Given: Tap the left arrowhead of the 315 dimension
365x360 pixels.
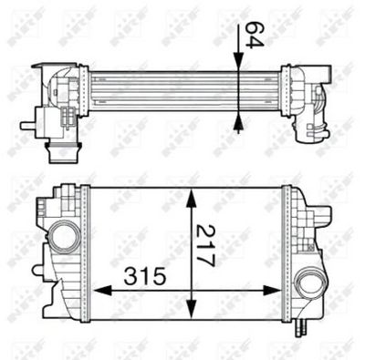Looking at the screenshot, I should [99, 291].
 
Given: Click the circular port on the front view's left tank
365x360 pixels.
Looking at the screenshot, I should [64, 239].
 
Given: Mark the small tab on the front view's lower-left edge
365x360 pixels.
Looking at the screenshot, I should [36, 271].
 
